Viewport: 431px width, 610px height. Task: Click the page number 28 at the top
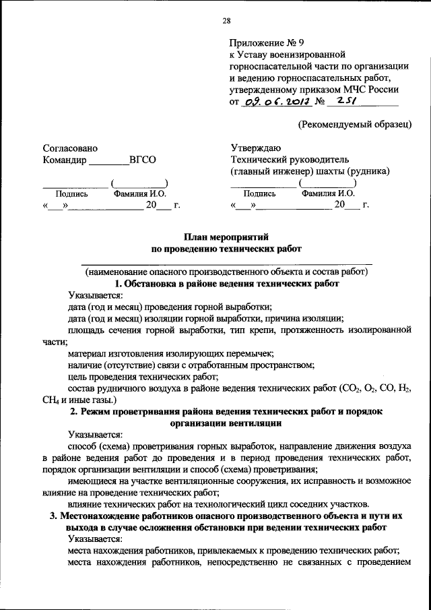227,20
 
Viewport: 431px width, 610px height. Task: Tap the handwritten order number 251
343,101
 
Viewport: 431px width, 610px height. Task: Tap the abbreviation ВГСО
142,160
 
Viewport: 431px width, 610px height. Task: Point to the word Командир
65,160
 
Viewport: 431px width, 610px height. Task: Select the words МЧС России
373,89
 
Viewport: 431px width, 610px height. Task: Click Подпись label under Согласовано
71,193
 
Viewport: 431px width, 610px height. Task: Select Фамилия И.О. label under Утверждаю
329,193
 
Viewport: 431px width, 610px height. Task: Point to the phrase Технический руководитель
290,160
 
